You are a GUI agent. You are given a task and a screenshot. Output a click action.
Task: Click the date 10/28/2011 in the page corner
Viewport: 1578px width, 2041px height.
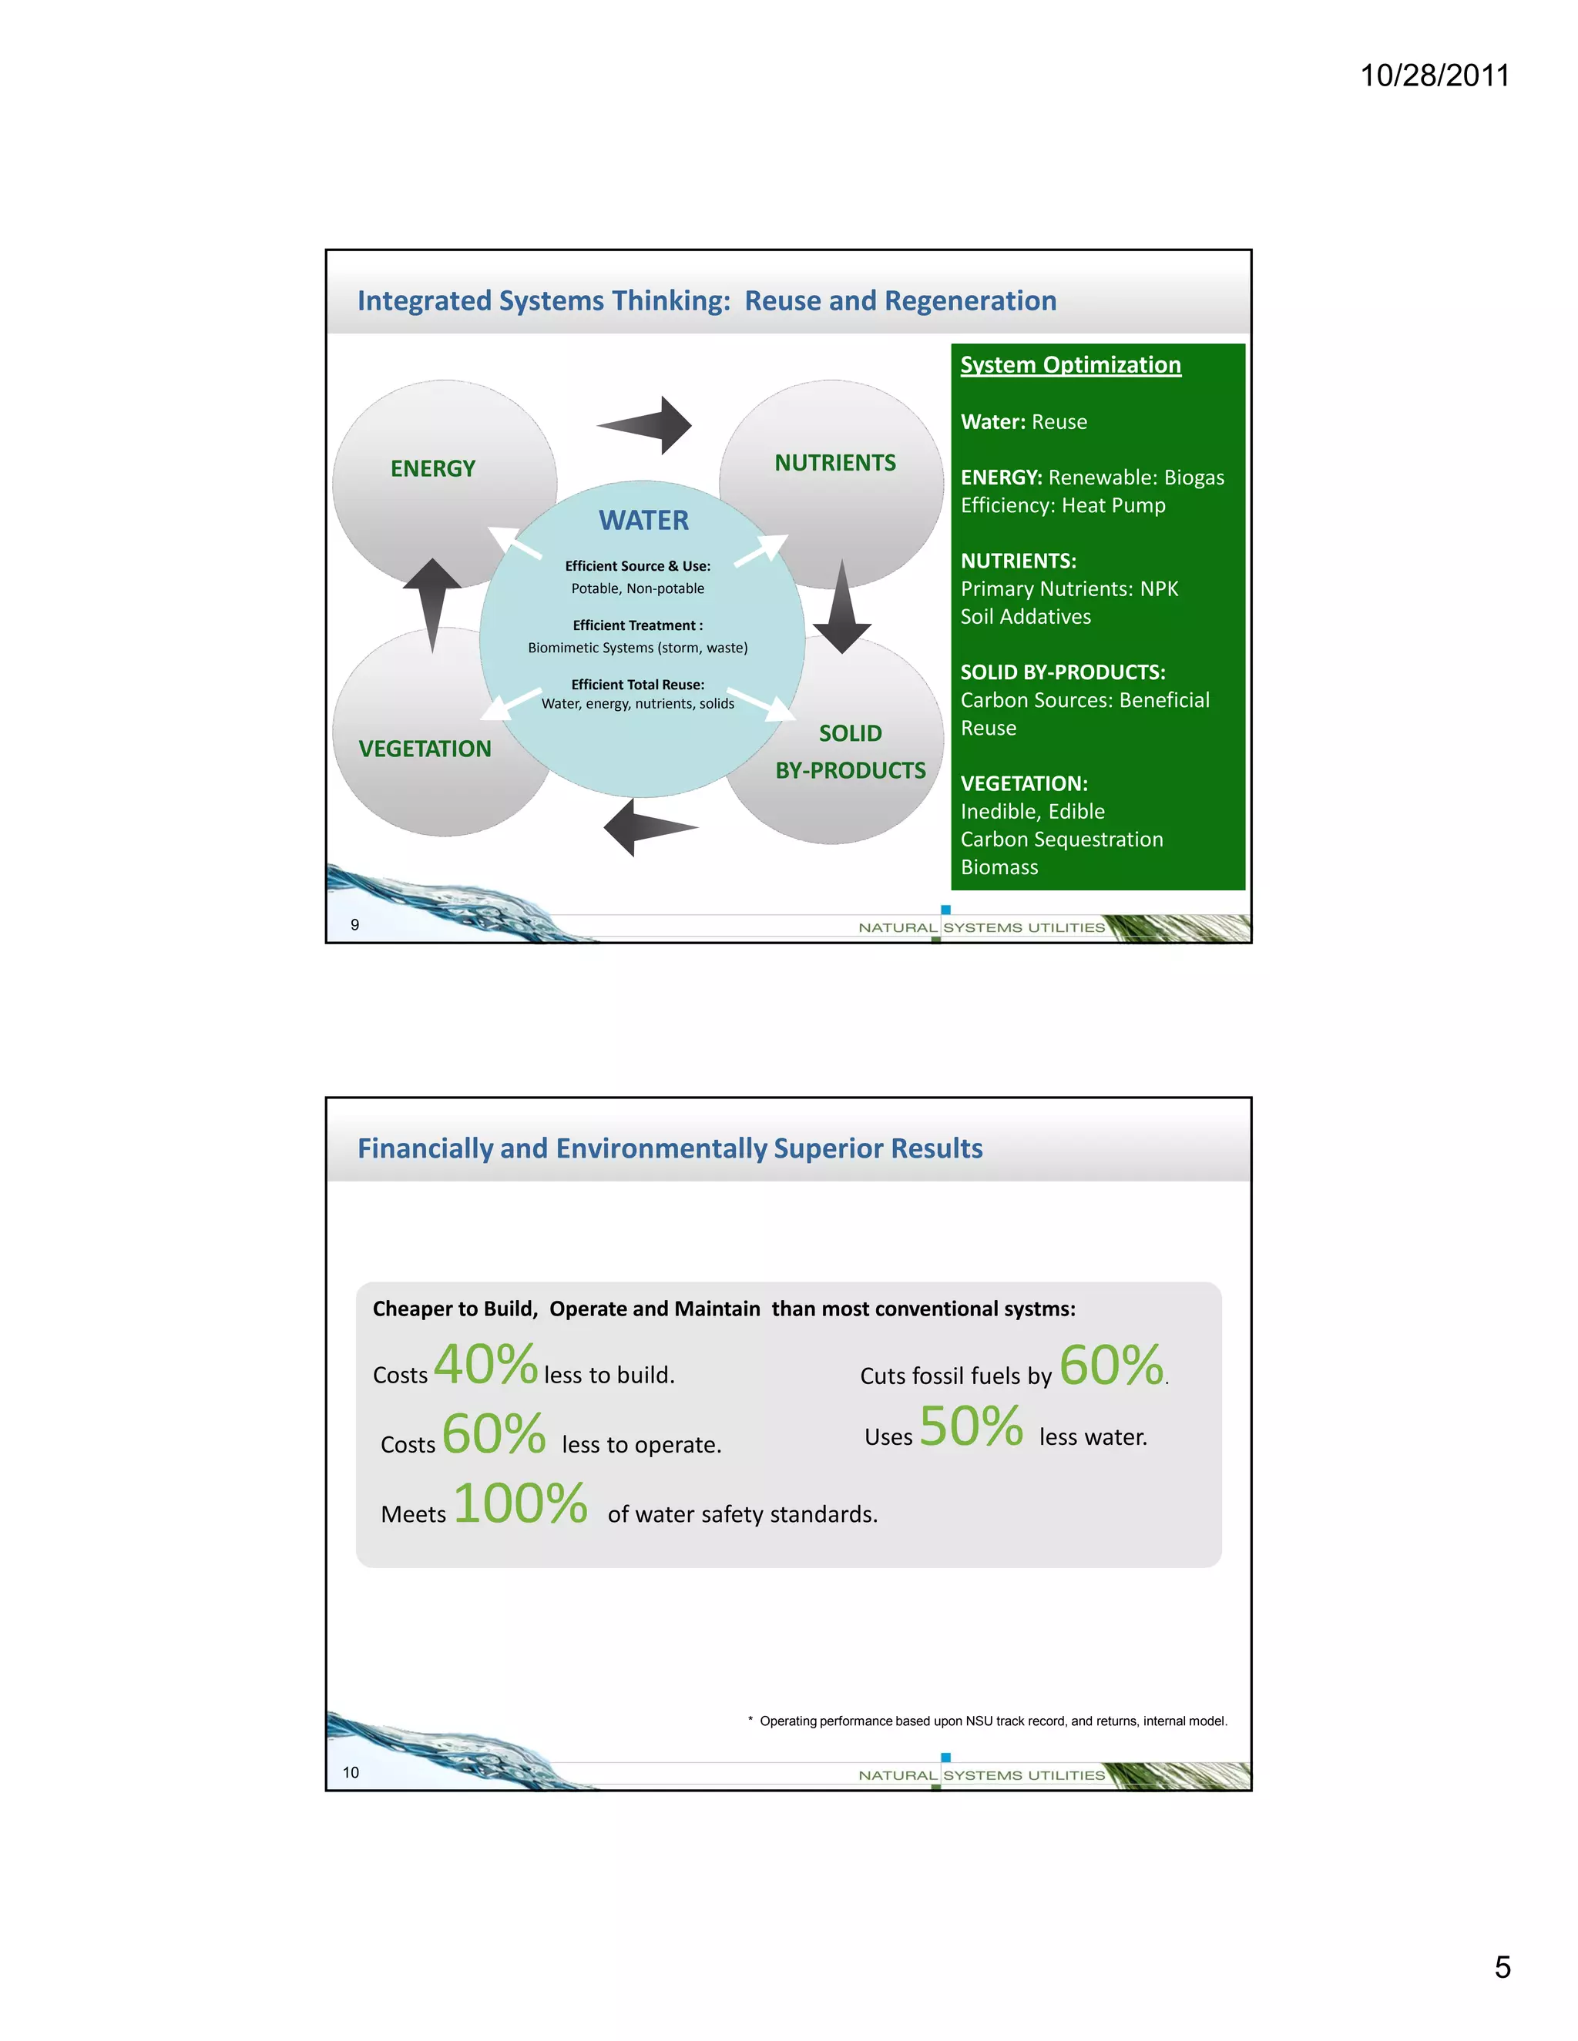coord(1434,75)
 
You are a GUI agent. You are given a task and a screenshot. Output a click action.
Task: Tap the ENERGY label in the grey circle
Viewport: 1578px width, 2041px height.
coord(433,468)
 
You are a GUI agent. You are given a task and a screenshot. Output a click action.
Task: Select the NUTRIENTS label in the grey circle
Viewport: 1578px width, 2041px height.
coord(834,463)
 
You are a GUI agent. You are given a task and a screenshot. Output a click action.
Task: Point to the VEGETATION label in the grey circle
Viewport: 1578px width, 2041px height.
coord(425,749)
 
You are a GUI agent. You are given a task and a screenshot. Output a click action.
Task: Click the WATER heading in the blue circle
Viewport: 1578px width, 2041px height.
coord(643,521)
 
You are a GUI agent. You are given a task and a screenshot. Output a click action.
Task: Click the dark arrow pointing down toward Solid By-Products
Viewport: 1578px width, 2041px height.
coord(842,608)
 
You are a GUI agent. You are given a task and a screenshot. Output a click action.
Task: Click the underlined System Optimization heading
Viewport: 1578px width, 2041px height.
coord(1070,365)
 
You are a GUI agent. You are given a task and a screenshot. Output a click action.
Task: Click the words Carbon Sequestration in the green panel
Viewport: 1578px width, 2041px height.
coord(1062,840)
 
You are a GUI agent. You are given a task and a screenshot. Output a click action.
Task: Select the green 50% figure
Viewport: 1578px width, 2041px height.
coord(972,1426)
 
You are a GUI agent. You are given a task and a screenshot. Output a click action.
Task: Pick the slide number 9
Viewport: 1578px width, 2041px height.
coord(355,924)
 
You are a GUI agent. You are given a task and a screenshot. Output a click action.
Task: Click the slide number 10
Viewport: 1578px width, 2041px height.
coord(351,1772)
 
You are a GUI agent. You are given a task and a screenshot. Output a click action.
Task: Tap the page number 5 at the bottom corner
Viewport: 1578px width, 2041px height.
coord(1502,1966)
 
